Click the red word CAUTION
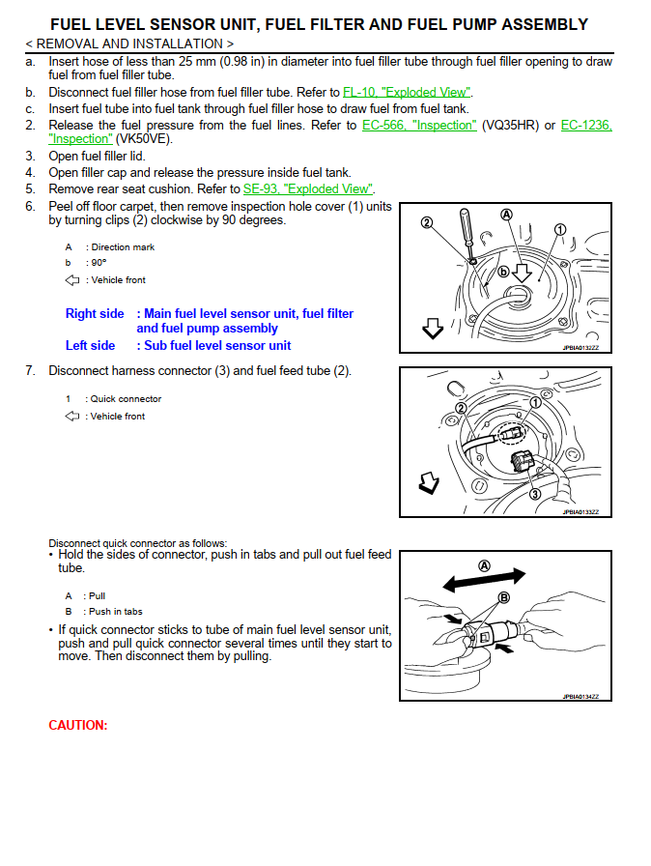[x=77, y=725]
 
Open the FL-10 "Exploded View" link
[x=407, y=92]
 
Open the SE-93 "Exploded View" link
[x=307, y=188]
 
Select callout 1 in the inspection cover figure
[x=559, y=230]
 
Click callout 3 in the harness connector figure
[x=534, y=494]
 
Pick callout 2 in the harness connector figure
[x=462, y=410]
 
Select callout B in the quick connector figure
[x=502, y=598]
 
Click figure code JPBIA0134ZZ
[x=580, y=696]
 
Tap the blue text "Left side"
[x=90, y=345]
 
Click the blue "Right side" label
[x=95, y=313]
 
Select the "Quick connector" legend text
[x=126, y=398]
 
